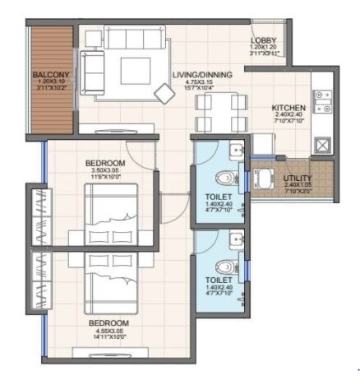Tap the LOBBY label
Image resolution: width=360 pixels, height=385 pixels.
(263, 40)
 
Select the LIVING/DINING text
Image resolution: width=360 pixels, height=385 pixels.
(202, 75)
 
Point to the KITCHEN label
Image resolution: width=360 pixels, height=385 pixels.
(289, 108)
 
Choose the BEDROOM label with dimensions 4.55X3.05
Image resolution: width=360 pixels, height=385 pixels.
(108, 322)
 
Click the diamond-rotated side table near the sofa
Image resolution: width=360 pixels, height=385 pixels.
(165, 94)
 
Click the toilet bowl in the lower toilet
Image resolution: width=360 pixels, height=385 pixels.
(227, 266)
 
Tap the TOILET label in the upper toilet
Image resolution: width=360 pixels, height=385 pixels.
(219, 197)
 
